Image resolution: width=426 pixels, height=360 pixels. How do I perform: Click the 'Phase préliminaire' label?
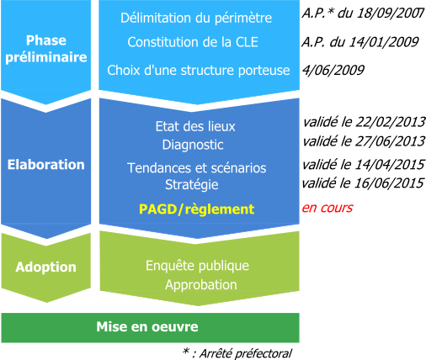(46, 49)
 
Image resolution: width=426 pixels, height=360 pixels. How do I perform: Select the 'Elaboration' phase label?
(46, 165)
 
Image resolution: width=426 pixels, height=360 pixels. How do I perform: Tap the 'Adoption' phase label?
(46, 267)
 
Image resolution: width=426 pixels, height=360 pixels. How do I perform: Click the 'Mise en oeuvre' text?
(147, 326)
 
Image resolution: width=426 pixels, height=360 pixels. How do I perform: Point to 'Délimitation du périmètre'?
(196, 19)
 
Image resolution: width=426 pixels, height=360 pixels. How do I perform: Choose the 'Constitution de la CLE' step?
(193, 42)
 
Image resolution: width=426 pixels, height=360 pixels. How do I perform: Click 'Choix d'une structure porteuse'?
(199, 70)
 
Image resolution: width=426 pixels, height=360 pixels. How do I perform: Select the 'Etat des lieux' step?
(195, 126)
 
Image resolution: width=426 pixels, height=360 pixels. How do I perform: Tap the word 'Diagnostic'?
(193, 145)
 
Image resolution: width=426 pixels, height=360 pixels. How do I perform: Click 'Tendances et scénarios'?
(197, 168)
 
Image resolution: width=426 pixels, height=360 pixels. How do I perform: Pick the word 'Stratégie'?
(192, 185)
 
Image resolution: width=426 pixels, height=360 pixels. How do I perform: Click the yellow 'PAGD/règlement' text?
(197, 209)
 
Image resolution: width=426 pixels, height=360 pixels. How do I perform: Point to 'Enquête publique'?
(197, 266)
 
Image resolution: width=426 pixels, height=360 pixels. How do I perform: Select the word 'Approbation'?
(201, 285)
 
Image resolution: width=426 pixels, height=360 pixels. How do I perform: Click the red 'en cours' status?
(327, 208)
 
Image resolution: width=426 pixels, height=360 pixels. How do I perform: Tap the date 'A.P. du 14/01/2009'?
(360, 42)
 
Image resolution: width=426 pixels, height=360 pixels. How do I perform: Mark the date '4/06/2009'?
(333, 70)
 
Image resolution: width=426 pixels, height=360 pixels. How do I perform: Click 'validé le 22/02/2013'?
(364, 122)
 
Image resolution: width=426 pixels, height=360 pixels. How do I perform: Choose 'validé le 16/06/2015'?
(363, 183)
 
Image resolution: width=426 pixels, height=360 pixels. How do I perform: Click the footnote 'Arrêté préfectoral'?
(246, 353)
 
